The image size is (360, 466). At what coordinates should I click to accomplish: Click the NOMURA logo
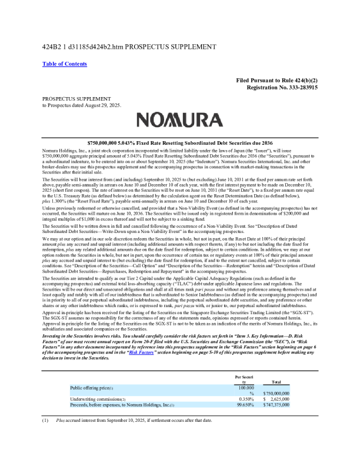[x=180, y=121]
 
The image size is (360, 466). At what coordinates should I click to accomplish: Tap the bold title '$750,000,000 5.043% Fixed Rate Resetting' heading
[x=180, y=143]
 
